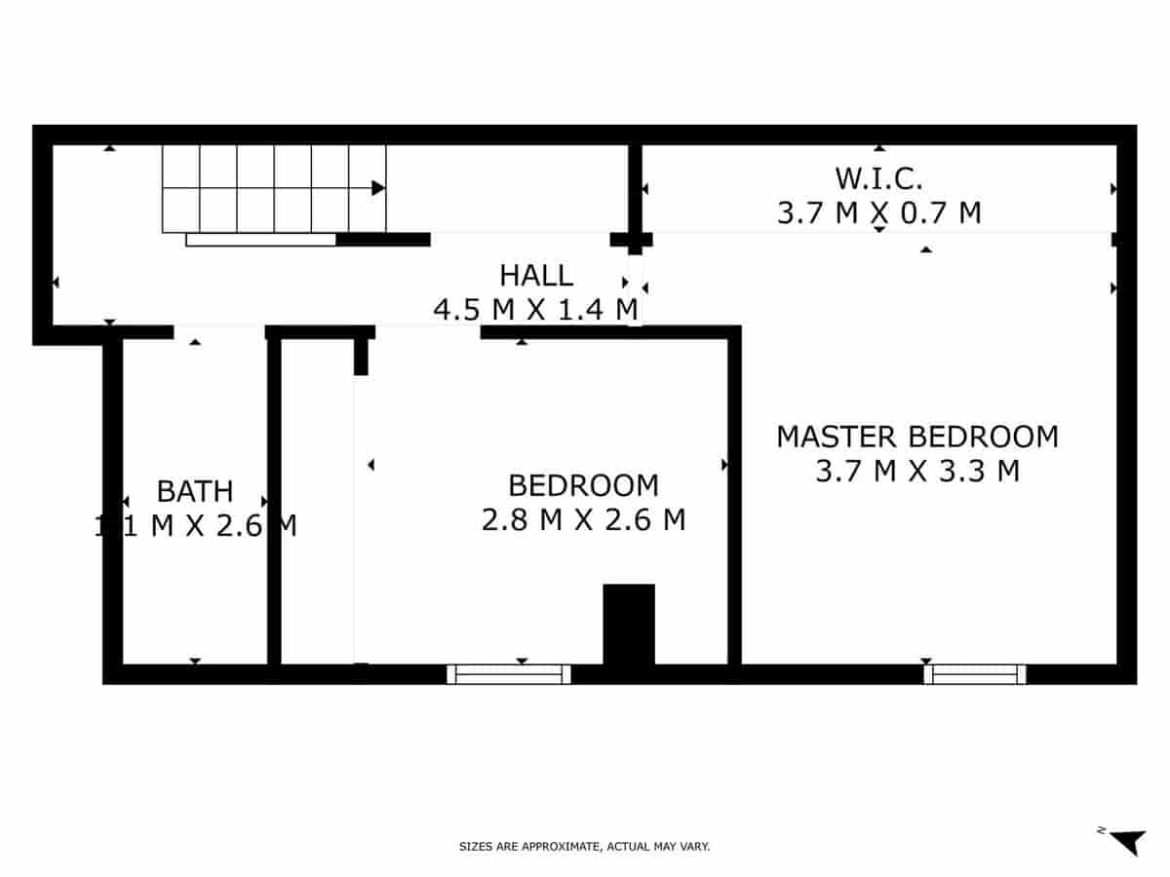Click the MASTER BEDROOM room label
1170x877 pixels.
click(x=916, y=437)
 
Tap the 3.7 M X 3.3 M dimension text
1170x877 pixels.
click(x=916, y=472)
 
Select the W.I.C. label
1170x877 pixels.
click(x=878, y=178)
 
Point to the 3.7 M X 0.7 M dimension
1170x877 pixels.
click(x=878, y=212)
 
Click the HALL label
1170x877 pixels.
click(x=536, y=276)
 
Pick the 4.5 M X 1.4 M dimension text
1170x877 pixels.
click(x=536, y=310)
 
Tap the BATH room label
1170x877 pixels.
click(x=195, y=490)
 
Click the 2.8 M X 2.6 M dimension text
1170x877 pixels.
click(x=583, y=520)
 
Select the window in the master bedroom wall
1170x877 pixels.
click(x=975, y=673)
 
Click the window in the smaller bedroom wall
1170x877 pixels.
click(x=509, y=673)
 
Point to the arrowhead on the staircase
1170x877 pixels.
click(x=378, y=188)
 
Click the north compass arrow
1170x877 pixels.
click(x=1129, y=841)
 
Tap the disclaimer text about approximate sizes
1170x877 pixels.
click(x=584, y=847)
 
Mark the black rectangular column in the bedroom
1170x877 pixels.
click(x=629, y=624)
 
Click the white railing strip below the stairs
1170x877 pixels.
click(x=261, y=240)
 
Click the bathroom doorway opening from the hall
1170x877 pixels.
click(x=219, y=331)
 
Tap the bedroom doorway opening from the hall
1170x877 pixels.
click(x=427, y=331)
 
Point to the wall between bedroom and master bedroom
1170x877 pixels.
click(x=734, y=497)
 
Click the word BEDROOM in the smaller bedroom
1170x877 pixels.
click(x=583, y=485)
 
